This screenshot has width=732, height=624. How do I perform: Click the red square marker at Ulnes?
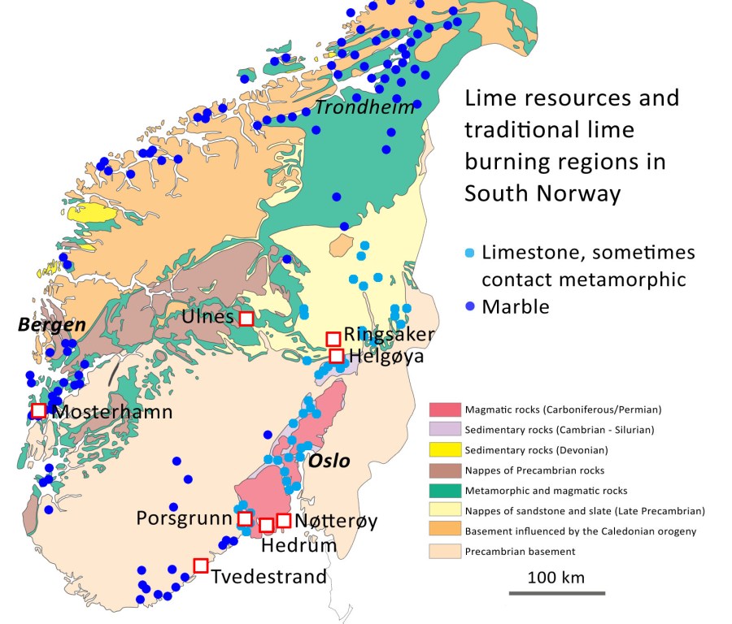click(x=247, y=318)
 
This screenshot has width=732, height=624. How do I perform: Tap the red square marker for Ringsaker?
click(x=333, y=339)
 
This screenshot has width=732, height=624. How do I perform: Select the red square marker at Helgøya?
click(x=336, y=356)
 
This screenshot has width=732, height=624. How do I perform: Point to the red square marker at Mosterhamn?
click(x=38, y=410)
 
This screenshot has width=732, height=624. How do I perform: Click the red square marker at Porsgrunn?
click(x=244, y=518)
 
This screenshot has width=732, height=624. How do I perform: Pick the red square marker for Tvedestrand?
click(x=200, y=565)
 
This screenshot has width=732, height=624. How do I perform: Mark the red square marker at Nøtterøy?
click(x=284, y=520)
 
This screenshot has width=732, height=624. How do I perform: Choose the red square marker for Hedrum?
click(x=266, y=525)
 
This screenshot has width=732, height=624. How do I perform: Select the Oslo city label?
click(x=329, y=461)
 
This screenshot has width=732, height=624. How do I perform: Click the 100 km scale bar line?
click(x=556, y=593)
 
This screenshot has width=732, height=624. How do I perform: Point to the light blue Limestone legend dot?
click(x=469, y=253)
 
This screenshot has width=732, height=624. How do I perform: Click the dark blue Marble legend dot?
click(x=469, y=307)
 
